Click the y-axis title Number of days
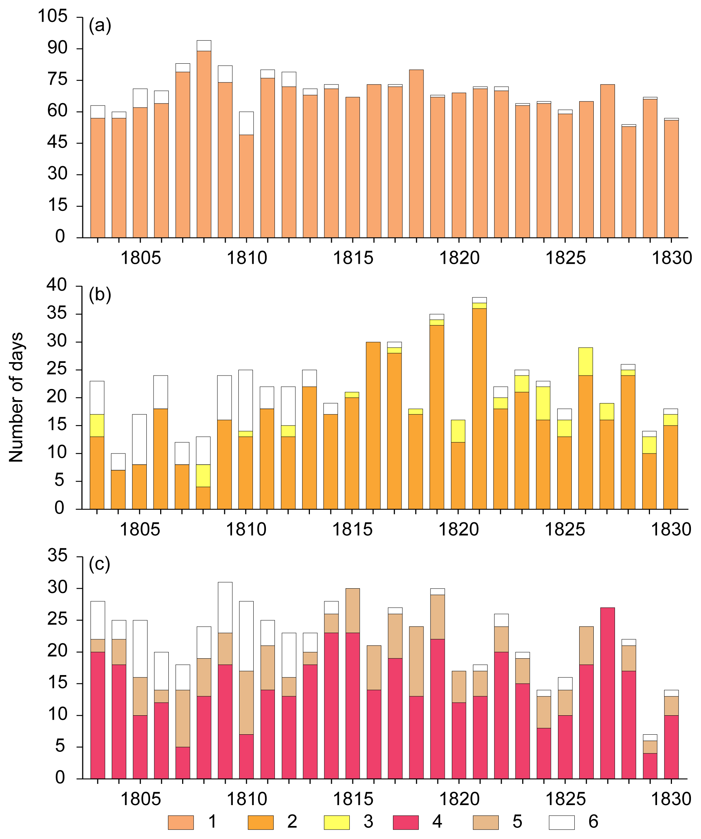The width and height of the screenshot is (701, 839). click(16, 397)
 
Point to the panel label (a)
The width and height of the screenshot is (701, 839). click(100, 26)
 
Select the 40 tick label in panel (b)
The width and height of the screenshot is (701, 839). click(57, 285)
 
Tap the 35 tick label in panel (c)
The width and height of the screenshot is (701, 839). click(57, 555)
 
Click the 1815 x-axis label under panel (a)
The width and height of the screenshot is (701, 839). click(353, 258)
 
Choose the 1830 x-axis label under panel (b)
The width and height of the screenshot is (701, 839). click(671, 529)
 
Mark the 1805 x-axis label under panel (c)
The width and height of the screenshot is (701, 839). click(140, 799)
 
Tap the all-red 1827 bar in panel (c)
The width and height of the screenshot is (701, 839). click(607, 695)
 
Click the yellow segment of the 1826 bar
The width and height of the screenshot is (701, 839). click(586, 362)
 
